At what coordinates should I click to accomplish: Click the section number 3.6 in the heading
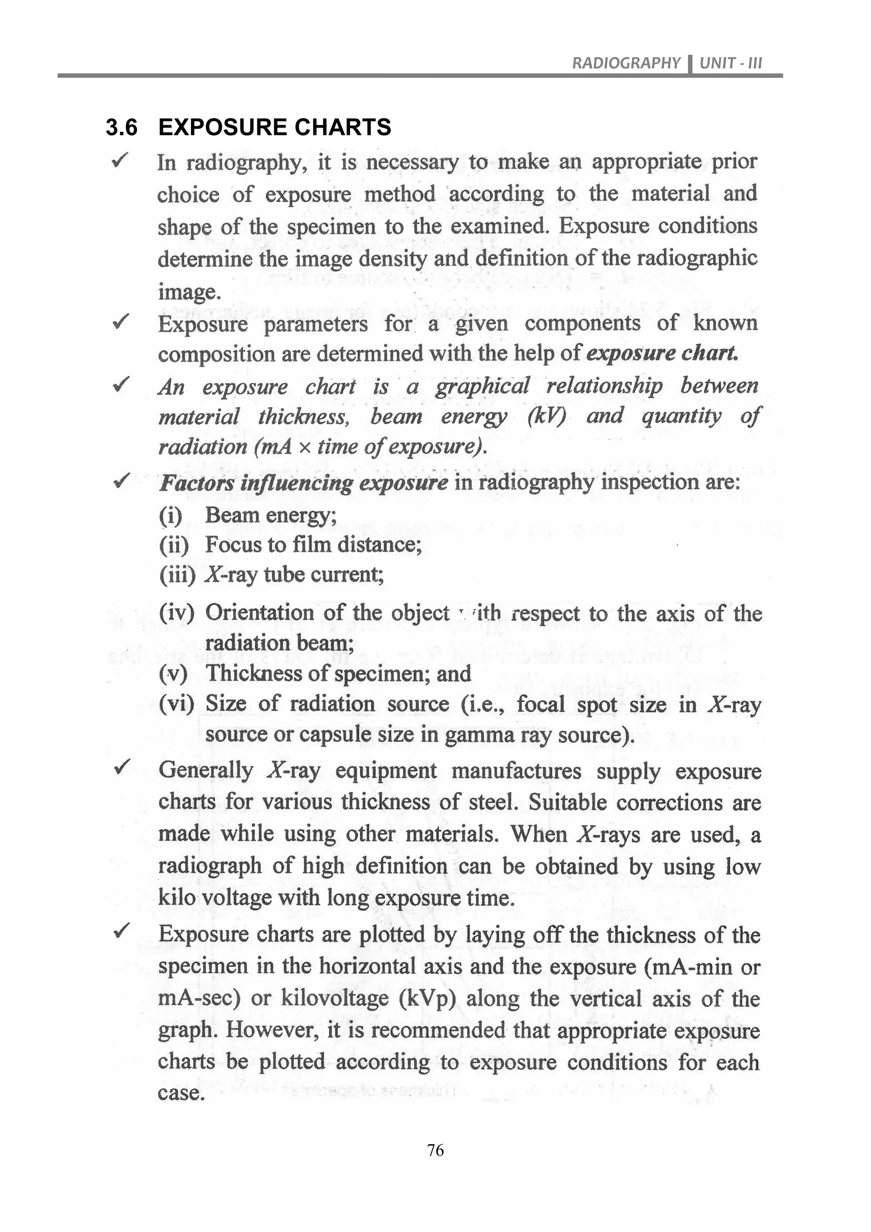pos(122,128)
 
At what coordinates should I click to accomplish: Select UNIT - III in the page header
pos(731,63)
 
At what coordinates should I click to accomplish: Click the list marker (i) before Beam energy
pos(171,516)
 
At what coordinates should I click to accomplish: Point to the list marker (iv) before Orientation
pos(176,613)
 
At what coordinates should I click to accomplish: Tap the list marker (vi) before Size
pos(176,704)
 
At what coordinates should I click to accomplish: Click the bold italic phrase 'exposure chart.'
pos(662,354)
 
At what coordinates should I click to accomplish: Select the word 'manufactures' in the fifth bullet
pos(516,771)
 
